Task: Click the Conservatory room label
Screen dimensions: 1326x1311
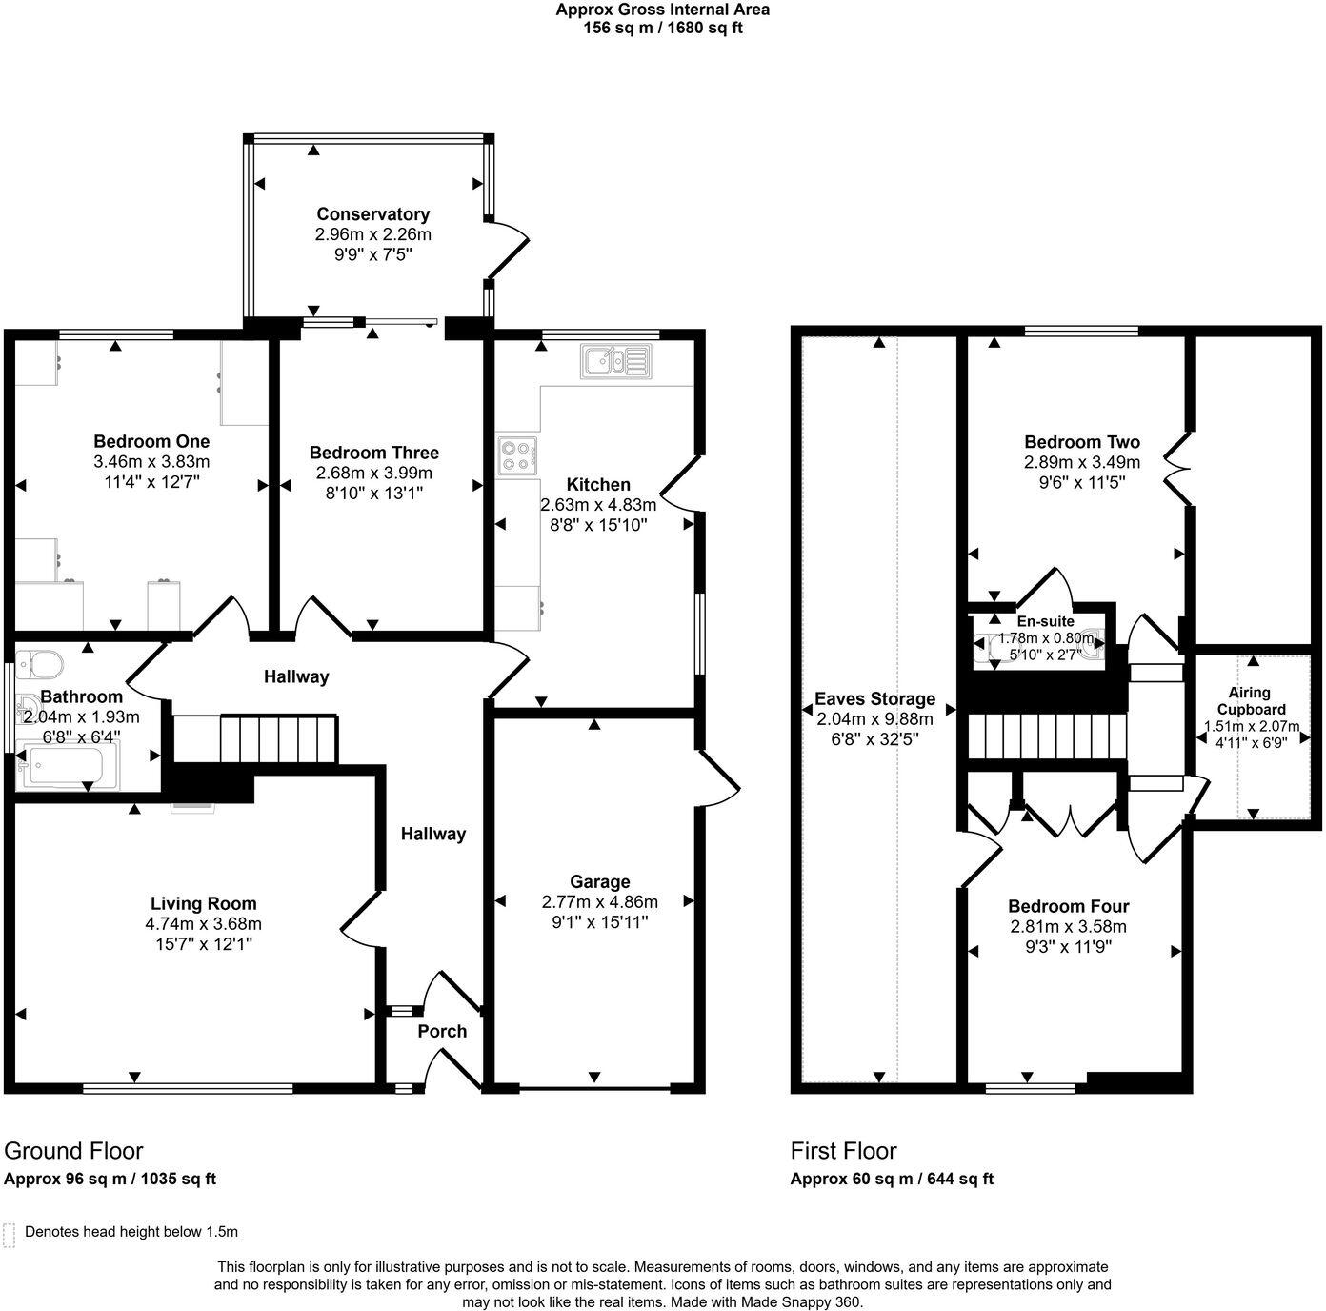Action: (x=373, y=214)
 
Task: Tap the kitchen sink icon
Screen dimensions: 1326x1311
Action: (x=616, y=361)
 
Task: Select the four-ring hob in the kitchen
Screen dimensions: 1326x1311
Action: (x=519, y=455)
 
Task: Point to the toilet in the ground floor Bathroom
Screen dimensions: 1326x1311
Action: (x=39, y=665)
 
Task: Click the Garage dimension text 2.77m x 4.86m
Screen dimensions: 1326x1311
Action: (x=599, y=901)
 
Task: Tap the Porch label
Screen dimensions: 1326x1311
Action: (x=442, y=1031)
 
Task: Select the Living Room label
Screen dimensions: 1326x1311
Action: (x=203, y=903)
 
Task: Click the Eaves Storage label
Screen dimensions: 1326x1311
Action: (x=874, y=699)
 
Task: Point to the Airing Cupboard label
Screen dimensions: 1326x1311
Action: (x=1251, y=701)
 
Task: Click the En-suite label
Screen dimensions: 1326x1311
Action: (x=1045, y=621)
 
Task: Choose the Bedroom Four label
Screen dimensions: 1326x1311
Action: (x=1068, y=906)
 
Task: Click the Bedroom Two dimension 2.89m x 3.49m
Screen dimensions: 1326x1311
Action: (x=1082, y=462)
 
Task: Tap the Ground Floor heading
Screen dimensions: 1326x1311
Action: (x=73, y=1151)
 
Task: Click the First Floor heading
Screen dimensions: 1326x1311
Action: (x=844, y=1151)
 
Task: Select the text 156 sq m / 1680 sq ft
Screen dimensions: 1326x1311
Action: (x=663, y=29)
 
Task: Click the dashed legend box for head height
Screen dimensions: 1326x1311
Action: (x=9, y=1236)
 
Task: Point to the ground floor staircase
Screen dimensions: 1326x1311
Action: (x=254, y=739)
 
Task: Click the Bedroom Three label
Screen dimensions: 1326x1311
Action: (x=373, y=453)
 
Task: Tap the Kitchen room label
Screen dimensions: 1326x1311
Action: (x=598, y=484)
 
